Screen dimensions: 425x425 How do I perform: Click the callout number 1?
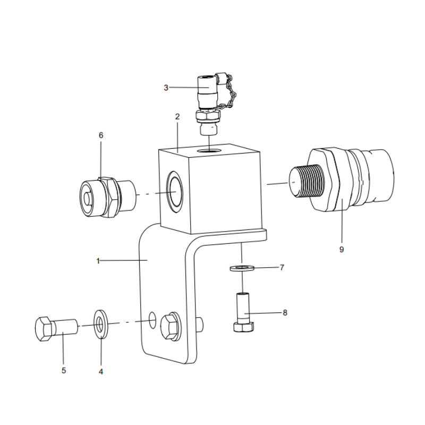(98, 261)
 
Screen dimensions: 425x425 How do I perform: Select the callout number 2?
(177, 116)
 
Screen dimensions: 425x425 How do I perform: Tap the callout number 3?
(166, 87)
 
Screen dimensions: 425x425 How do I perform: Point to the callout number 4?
(100, 371)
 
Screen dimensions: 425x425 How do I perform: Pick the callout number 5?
(63, 370)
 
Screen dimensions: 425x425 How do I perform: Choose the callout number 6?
(101, 135)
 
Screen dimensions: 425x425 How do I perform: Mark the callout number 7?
(282, 267)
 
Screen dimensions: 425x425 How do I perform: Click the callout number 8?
(285, 313)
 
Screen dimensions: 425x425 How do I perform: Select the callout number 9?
(342, 249)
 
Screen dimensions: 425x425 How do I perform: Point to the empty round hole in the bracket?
(152, 319)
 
